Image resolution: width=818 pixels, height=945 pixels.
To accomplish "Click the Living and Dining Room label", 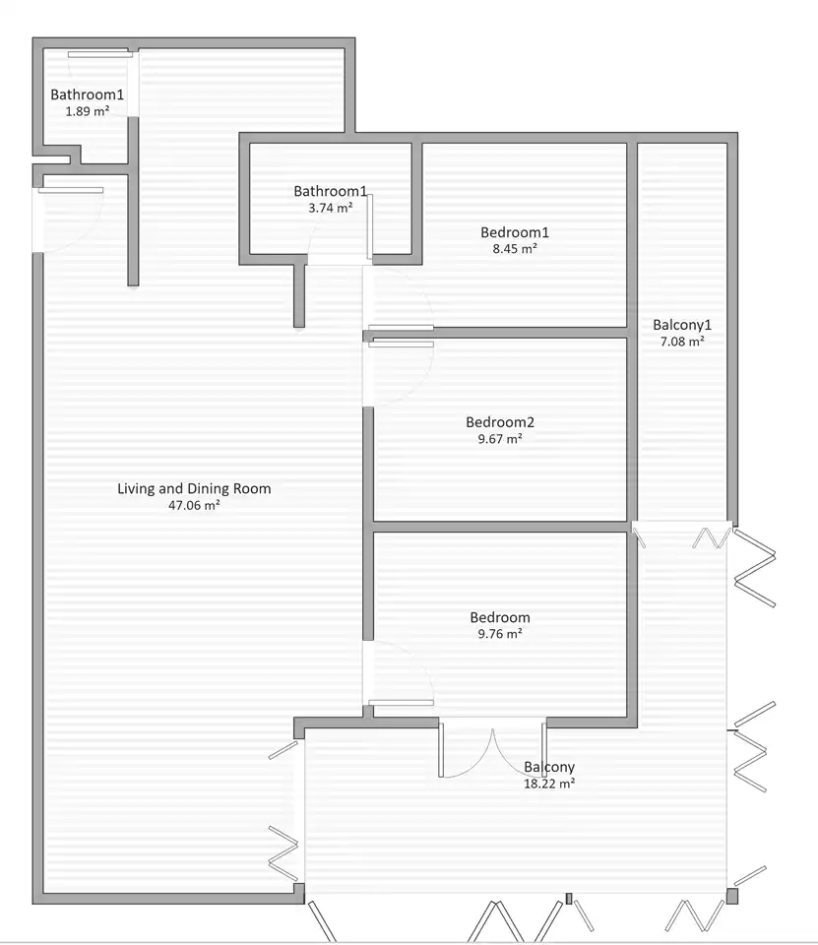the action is point(194,488).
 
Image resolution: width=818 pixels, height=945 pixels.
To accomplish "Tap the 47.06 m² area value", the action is point(194,505).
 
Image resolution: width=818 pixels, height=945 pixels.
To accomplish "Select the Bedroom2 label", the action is point(500,422).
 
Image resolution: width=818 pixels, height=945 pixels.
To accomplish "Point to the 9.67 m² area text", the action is point(500,439).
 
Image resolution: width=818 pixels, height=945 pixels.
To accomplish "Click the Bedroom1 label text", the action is point(515,232).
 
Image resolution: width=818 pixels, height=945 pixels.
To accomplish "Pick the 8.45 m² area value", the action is point(515,248).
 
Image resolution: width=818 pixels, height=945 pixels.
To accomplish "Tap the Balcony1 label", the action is point(682,325).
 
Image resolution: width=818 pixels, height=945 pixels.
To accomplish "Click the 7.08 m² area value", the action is point(682,342).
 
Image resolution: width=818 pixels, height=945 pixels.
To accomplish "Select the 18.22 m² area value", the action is point(549,784).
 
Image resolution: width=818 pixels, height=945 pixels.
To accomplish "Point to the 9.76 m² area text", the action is point(500,633).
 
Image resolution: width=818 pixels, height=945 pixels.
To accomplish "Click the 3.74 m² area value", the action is point(331,208).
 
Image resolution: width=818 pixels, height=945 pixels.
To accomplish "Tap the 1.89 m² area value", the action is point(88,111).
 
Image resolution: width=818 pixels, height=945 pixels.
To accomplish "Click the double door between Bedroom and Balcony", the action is point(492,750).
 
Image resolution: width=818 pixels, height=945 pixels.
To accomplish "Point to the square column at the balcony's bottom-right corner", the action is point(732,897).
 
